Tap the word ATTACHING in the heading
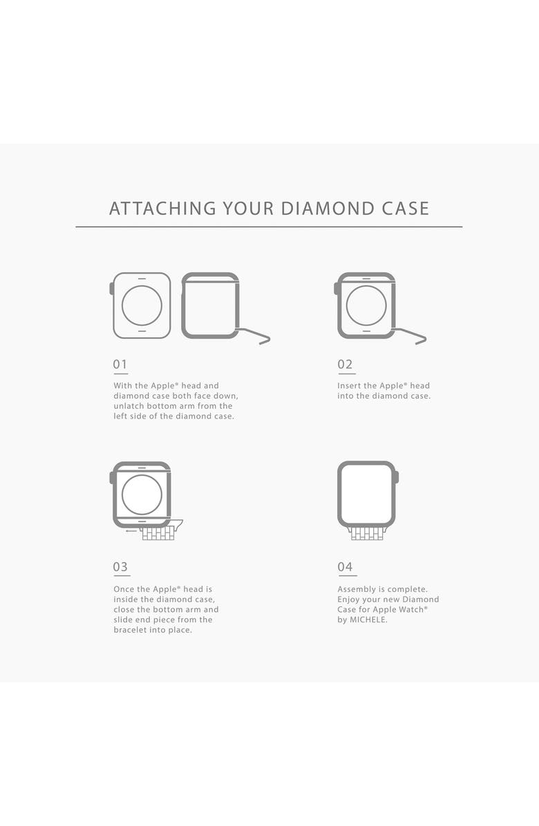(162, 209)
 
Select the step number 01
(120, 364)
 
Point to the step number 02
(345, 364)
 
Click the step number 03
(120, 567)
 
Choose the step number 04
(345, 567)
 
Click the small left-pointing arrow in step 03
(132, 531)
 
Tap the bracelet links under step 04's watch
(367, 533)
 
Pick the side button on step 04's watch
(397, 477)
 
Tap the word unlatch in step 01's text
(129, 406)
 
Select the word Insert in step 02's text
(349, 385)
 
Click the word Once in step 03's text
(124, 590)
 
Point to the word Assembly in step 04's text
(356, 590)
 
